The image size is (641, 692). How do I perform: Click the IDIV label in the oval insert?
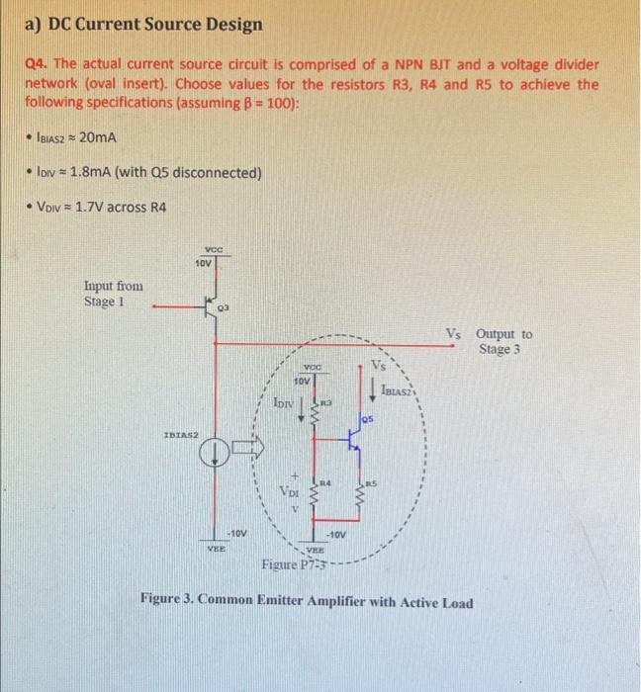click(x=282, y=402)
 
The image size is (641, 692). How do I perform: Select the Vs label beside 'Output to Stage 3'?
click(x=453, y=334)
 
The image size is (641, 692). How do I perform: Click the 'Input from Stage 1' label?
click(x=114, y=294)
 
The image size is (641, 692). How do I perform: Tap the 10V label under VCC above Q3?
click(x=203, y=264)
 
